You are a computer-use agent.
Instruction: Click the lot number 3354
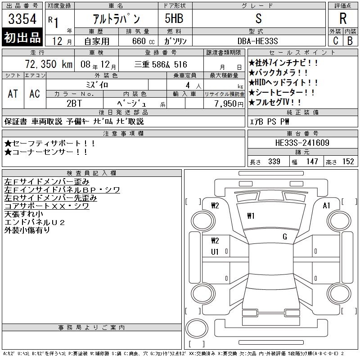[x=22, y=18]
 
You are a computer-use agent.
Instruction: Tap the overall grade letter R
[x=343, y=18]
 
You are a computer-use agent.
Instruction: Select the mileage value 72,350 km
[x=49, y=64]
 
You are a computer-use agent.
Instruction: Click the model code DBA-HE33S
[x=257, y=41]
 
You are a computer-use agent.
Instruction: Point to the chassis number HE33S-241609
[x=302, y=143]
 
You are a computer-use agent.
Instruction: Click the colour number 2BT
[x=74, y=103]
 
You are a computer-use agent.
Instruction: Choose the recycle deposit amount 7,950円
[x=229, y=104]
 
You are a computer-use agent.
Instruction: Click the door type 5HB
[x=174, y=18]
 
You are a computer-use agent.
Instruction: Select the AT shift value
[x=13, y=94]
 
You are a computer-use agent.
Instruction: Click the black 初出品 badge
[x=22, y=37]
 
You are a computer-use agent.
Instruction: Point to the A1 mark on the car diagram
[x=326, y=206]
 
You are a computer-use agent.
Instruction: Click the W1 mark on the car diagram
[x=251, y=216]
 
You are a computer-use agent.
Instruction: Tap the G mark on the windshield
[x=285, y=237]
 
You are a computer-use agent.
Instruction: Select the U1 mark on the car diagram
[x=215, y=252]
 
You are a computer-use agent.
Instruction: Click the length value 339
[x=274, y=162]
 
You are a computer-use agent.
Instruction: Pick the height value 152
[x=348, y=162]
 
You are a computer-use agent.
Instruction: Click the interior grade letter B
[x=350, y=41]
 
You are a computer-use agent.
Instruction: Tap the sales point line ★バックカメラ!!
[x=278, y=73]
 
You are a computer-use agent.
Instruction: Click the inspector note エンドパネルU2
[x=35, y=222]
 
